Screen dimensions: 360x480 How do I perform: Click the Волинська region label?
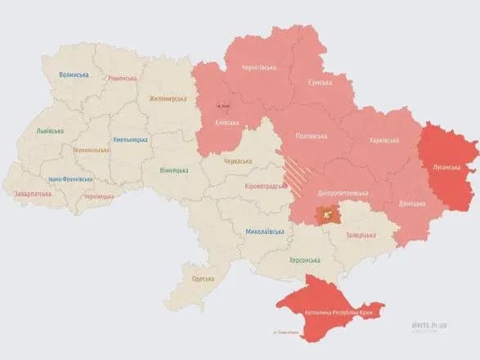coord(74,74)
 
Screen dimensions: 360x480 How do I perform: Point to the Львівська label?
coord(52,131)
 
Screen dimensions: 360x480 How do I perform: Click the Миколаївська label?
coord(265,232)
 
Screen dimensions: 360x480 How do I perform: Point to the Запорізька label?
coord(360,235)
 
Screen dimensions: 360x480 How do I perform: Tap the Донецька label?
coord(412,203)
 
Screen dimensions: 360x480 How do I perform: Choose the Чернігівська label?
coord(262,69)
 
